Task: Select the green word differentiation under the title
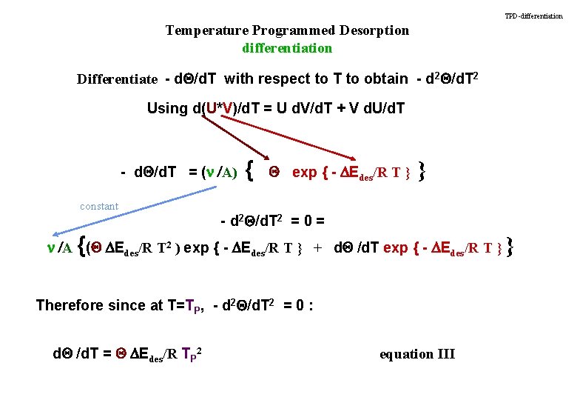pyautogui.click(x=287, y=48)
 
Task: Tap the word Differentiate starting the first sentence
pyautogui.click(x=117, y=79)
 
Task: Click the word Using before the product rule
pyautogui.click(x=167, y=108)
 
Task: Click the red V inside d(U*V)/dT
pyautogui.click(x=229, y=108)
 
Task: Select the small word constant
pyautogui.click(x=99, y=206)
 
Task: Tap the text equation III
pyautogui.click(x=417, y=354)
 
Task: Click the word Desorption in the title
pyautogui.click(x=374, y=30)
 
